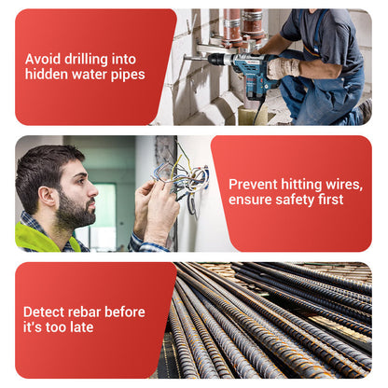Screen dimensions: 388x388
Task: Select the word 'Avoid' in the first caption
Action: [x=43, y=59]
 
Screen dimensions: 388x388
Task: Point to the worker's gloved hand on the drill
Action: [x=283, y=68]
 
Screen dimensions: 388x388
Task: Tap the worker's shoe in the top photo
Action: [x=366, y=111]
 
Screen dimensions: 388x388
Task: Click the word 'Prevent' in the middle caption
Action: [x=253, y=185]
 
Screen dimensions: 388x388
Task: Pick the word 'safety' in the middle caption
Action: [x=295, y=200]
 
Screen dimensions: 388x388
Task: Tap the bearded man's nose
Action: [x=92, y=189]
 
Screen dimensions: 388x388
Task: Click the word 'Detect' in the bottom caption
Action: [x=43, y=312]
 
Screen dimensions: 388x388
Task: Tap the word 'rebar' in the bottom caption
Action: [x=83, y=312]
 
